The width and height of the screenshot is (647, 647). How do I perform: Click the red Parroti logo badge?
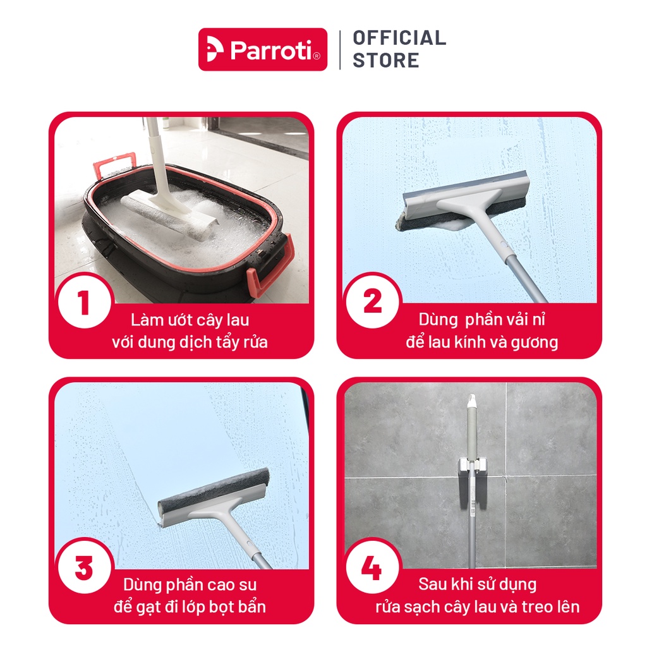tap(263, 49)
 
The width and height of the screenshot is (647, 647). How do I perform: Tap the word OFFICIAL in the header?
tap(399, 38)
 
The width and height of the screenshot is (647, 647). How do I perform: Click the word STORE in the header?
tap(386, 60)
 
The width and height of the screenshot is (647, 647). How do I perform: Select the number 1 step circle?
tap(85, 301)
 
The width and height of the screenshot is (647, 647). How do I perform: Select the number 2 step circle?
tap(373, 301)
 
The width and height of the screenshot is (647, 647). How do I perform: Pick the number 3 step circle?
tap(85, 567)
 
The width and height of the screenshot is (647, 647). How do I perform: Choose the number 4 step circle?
tap(373, 567)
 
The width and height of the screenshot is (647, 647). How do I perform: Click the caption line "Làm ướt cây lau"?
tap(190, 320)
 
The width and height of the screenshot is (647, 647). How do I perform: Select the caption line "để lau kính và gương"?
tap(481, 342)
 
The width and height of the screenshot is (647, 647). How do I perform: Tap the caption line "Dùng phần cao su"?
tap(190, 584)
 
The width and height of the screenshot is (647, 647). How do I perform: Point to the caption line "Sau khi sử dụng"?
tap(478, 584)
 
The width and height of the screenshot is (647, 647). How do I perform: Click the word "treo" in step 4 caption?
tap(537, 607)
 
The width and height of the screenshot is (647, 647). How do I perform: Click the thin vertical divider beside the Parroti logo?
tap(339, 50)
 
